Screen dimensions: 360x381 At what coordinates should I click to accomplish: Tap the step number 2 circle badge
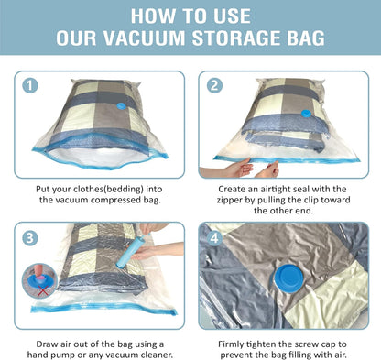pyautogui.click(x=215, y=86)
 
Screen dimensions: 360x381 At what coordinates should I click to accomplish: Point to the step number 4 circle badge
pyautogui.click(x=215, y=235)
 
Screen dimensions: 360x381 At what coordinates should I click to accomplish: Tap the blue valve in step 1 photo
pyautogui.click(x=124, y=107)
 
